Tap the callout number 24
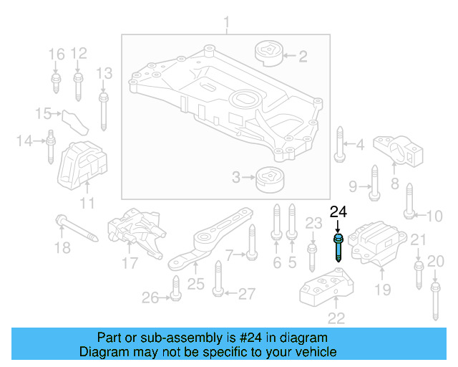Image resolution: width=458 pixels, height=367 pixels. point(338,211)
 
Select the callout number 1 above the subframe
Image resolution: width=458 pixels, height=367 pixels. point(227,26)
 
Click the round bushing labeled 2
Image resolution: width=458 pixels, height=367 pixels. point(268,54)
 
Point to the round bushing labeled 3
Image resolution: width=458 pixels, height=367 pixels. point(269,177)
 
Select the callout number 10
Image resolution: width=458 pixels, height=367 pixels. point(434,215)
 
